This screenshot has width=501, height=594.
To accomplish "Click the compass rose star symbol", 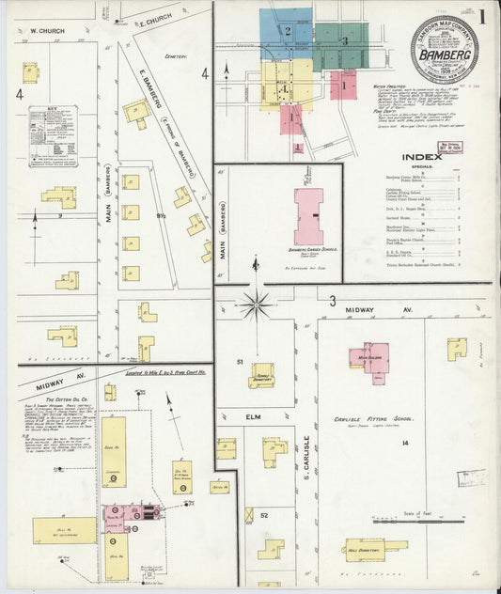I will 255,304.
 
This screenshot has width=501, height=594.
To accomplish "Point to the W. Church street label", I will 45,31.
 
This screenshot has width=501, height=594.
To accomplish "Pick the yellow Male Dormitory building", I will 374,545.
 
